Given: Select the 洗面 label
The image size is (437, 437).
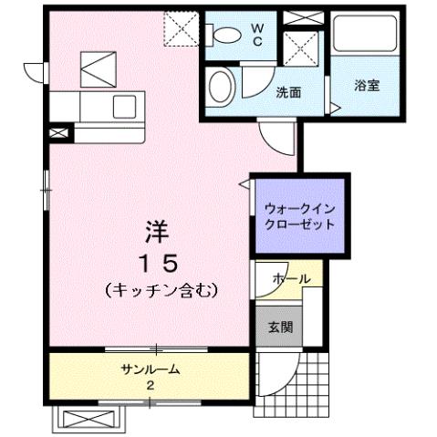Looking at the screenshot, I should pos(289,91).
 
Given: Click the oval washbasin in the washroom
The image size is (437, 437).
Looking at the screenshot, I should pos(220,88).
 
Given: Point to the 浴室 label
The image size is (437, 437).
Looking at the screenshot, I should pos(368,86).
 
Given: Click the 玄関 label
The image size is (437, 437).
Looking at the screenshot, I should pos(279,327).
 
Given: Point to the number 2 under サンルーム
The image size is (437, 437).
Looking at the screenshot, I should pos(150,385).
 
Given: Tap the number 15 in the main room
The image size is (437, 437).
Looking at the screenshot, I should pos(157,262).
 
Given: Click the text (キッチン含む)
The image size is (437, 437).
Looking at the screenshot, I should pos(160,291).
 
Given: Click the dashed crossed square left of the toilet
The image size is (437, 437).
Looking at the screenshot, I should pos(180,29).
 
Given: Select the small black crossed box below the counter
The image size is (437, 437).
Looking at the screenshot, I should pos(57,134).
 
